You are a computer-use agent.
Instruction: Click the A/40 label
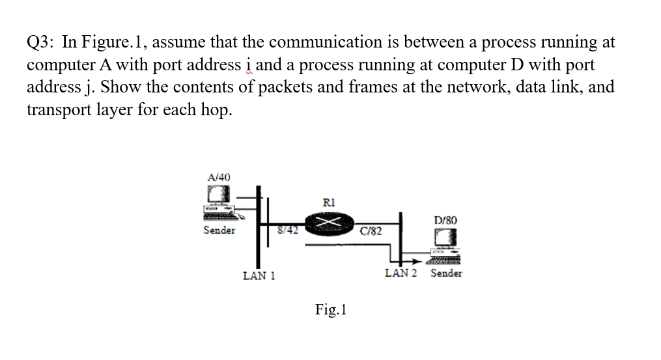[x=218, y=177]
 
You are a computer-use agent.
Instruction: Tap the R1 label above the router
[x=329, y=202]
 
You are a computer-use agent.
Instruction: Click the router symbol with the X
[x=329, y=225]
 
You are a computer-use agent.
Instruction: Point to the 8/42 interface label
[x=287, y=228]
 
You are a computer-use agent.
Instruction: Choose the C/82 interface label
[x=371, y=231]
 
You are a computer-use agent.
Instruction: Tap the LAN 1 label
[x=259, y=275]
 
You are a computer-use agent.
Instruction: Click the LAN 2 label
[x=401, y=273]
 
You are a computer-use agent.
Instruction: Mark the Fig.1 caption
[x=331, y=309]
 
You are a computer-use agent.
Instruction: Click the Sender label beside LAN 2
[x=446, y=273]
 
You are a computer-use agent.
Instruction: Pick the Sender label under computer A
[x=219, y=230]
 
